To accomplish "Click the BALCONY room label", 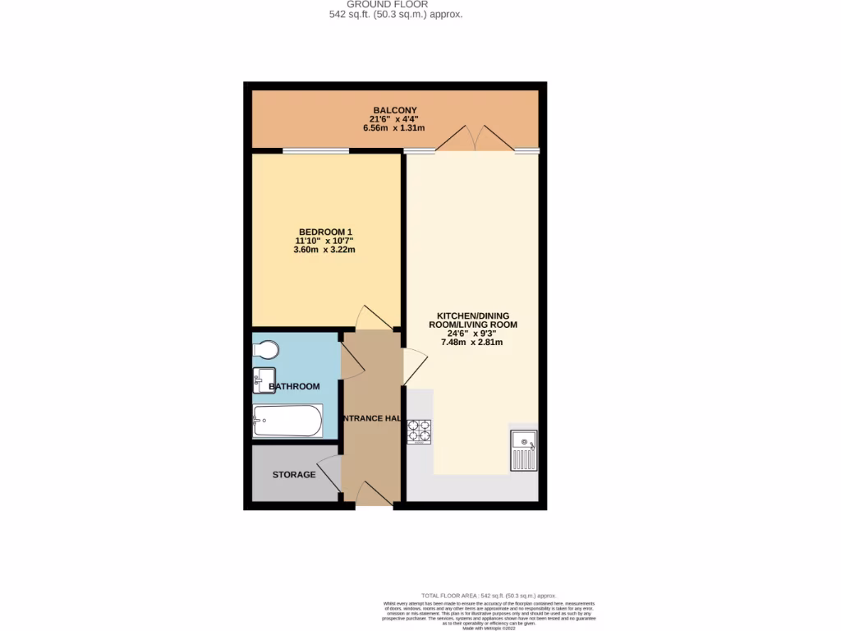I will coord(395,111).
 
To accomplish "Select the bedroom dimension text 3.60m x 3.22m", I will coord(324,250).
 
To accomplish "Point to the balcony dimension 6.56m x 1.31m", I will coord(395,128).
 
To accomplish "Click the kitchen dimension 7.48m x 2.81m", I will coord(472,343).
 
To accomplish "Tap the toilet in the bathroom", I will coord(265,350).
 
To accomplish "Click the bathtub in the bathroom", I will coord(287,421).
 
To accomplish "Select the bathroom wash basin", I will coord(259,380).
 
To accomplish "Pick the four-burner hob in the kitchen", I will coord(419,431).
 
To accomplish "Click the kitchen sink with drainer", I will coord(523,450).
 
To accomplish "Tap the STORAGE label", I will coord(293,475).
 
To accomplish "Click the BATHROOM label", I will coord(294,386).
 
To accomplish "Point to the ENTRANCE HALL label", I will coord(370,418).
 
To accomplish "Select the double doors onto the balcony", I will coord(474,138).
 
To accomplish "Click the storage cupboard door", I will coord(331,474).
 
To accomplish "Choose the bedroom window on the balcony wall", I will coord(315,151).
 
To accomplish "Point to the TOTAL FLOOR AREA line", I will coord(488,596).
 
